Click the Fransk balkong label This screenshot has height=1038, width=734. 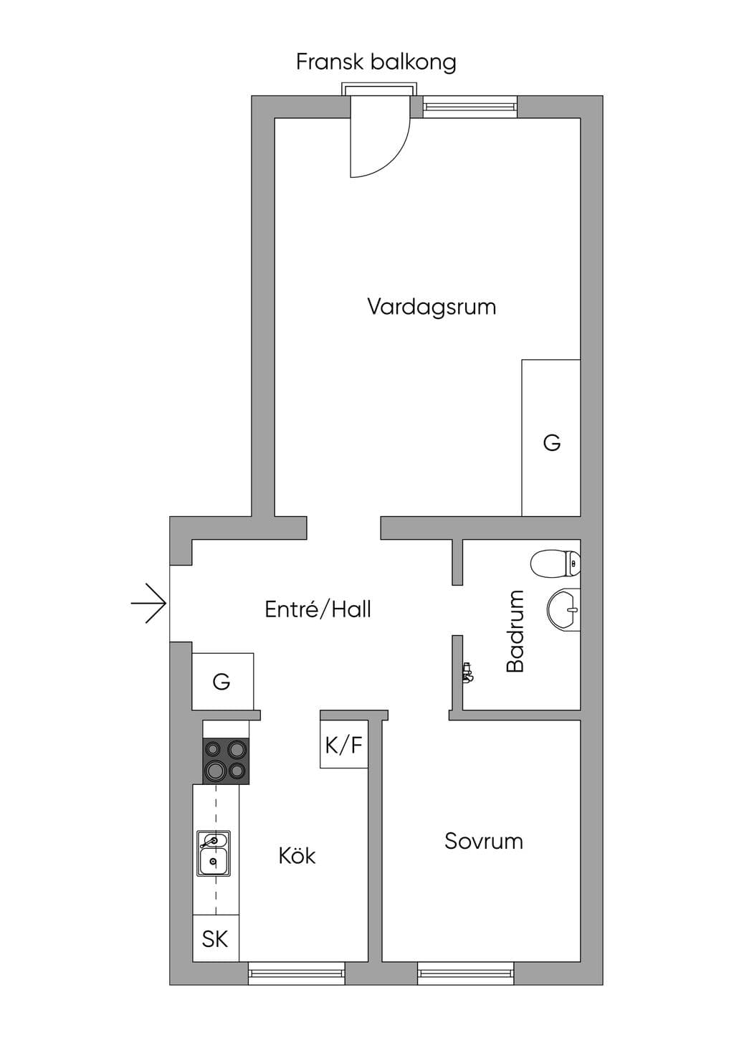click(x=376, y=62)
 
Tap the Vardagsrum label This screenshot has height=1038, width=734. click(x=432, y=307)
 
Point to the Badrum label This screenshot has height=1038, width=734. click(x=515, y=631)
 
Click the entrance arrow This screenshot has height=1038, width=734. click(x=149, y=603)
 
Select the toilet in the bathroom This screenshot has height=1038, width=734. click(x=555, y=563)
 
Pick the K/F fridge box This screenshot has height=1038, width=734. click(x=344, y=745)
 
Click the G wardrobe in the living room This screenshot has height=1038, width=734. click(x=551, y=437)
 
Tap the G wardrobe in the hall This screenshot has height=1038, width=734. click(x=223, y=681)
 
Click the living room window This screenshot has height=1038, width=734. click(x=470, y=107)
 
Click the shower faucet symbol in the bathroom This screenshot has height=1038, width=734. click(x=467, y=673)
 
